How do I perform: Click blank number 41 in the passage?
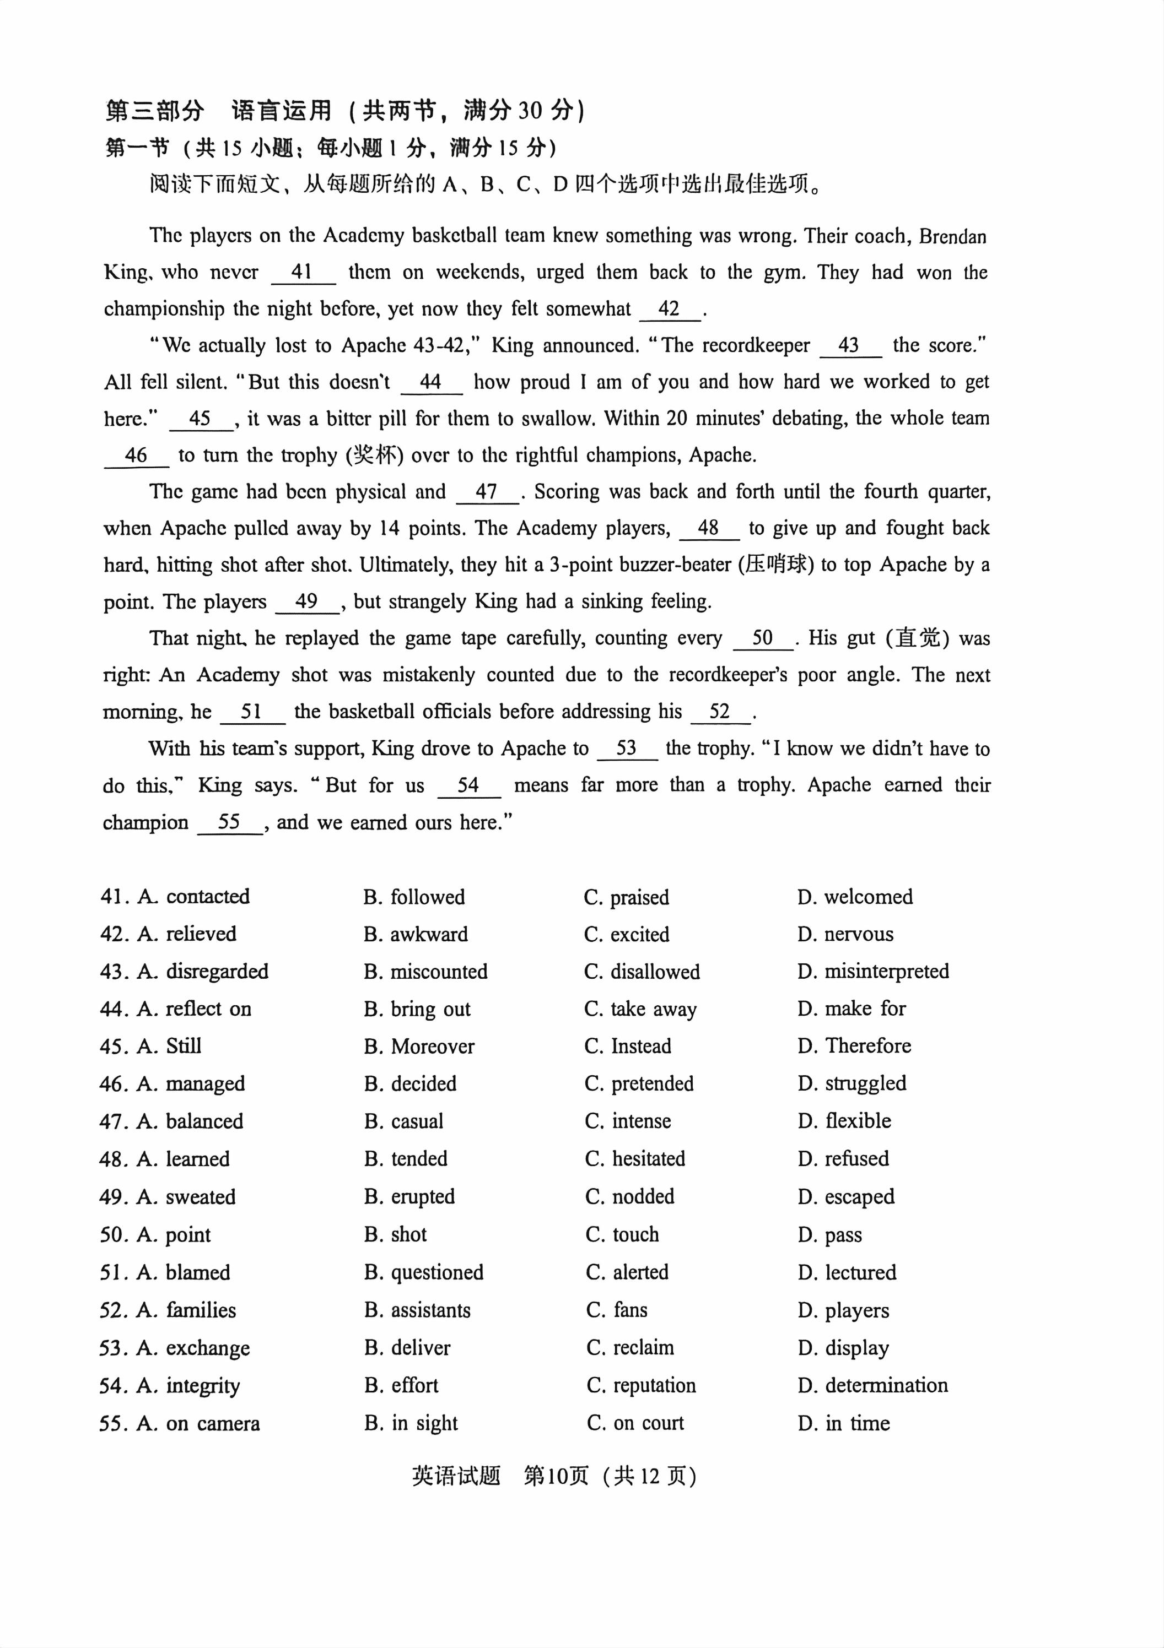(x=303, y=272)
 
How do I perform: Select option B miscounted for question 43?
(x=425, y=972)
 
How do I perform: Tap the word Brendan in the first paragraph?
(x=952, y=236)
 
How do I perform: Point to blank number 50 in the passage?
(x=763, y=638)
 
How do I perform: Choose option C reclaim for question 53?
(x=630, y=1347)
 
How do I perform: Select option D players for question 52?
(x=843, y=1310)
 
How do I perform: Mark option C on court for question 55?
(x=635, y=1423)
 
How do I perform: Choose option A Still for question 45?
(x=169, y=1046)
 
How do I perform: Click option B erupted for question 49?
(x=409, y=1196)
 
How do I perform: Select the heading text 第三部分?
(x=154, y=111)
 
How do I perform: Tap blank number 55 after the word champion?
(x=229, y=822)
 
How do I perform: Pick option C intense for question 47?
(x=628, y=1121)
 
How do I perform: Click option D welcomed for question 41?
(x=854, y=897)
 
